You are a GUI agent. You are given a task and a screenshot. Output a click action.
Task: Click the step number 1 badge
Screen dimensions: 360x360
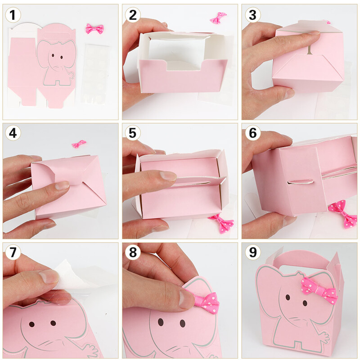pyautogui.click(x=13, y=15)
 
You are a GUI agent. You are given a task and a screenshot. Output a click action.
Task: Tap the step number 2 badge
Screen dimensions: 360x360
pyautogui.click(x=133, y=15)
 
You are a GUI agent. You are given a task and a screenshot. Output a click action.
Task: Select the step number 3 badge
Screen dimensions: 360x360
pyautogui.click(x=252, y=15)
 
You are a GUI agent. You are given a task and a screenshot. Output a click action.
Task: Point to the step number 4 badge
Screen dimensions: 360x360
pyautogui.click(x=13, y=133)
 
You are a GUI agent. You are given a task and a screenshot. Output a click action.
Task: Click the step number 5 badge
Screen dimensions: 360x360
pyautogui.click(x=133, y=133)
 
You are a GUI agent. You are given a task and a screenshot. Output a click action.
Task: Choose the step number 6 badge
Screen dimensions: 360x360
pyautogui.click(x=252, y=133)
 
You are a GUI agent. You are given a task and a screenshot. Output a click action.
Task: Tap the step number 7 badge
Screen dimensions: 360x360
pyautogui.click(x=13, y=252)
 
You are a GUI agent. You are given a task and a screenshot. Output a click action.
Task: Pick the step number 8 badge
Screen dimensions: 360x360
pyautogui.click(x=133, y=252)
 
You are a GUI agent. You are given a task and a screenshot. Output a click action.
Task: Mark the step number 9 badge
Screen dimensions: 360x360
pyautogui.click(x=252, y=252)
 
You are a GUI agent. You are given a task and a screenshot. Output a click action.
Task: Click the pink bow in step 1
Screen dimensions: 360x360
pyautogui.click(x=94, y=29)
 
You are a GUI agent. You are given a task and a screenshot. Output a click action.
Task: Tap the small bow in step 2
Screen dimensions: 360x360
pyautogui.click(x=218, y=18)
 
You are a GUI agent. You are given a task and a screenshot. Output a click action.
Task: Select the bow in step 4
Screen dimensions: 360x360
pyautogui.click(x=79, y=144)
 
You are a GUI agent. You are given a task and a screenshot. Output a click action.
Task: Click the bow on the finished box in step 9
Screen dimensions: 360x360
pyautogui.click(x=319, y=289)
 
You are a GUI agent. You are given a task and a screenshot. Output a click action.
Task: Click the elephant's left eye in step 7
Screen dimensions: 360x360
pyautogui.click(x=31, y=324)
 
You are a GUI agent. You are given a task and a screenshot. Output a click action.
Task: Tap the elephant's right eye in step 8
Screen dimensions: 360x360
pyautogui.click(x=183, y=323)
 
